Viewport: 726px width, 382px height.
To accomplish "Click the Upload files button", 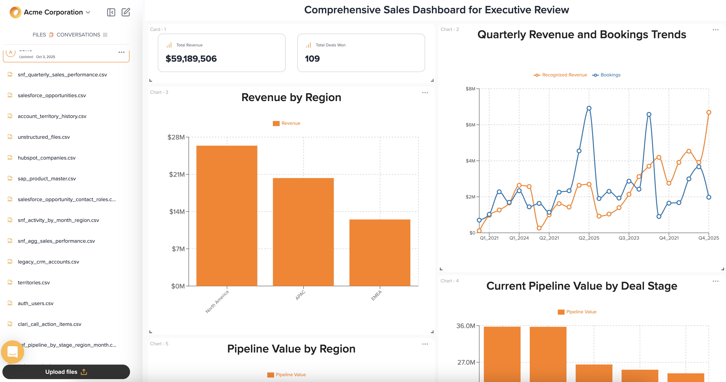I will point(66,372).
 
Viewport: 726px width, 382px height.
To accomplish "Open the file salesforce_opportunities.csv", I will point(51,95).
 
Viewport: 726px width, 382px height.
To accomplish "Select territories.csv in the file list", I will point(34,282).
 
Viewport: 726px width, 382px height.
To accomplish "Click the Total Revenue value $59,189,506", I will point(191,59).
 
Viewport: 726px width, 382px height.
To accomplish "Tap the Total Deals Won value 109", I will point(312,59).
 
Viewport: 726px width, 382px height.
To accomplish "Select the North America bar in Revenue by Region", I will point(227,216).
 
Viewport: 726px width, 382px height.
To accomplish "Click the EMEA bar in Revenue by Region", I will point(380,253).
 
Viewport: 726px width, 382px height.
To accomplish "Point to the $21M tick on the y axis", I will point(177,175).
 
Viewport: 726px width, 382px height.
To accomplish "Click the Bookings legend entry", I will point(610,75).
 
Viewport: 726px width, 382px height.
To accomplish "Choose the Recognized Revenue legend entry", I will point(564,75).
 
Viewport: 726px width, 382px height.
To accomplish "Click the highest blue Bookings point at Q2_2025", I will point(589,108).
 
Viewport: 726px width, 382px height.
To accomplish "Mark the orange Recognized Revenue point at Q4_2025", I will point(709,112).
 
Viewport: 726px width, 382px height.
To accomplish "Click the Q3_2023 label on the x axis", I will point(629,238).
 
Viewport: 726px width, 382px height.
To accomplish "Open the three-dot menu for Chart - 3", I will point(425,93).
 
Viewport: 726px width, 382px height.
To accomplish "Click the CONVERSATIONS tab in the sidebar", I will point(78,35).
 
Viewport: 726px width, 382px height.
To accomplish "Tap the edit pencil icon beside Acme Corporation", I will point(126,12).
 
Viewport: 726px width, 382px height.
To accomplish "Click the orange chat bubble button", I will point(12,352).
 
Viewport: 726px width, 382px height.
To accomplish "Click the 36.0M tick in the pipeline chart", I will point(465,326).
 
